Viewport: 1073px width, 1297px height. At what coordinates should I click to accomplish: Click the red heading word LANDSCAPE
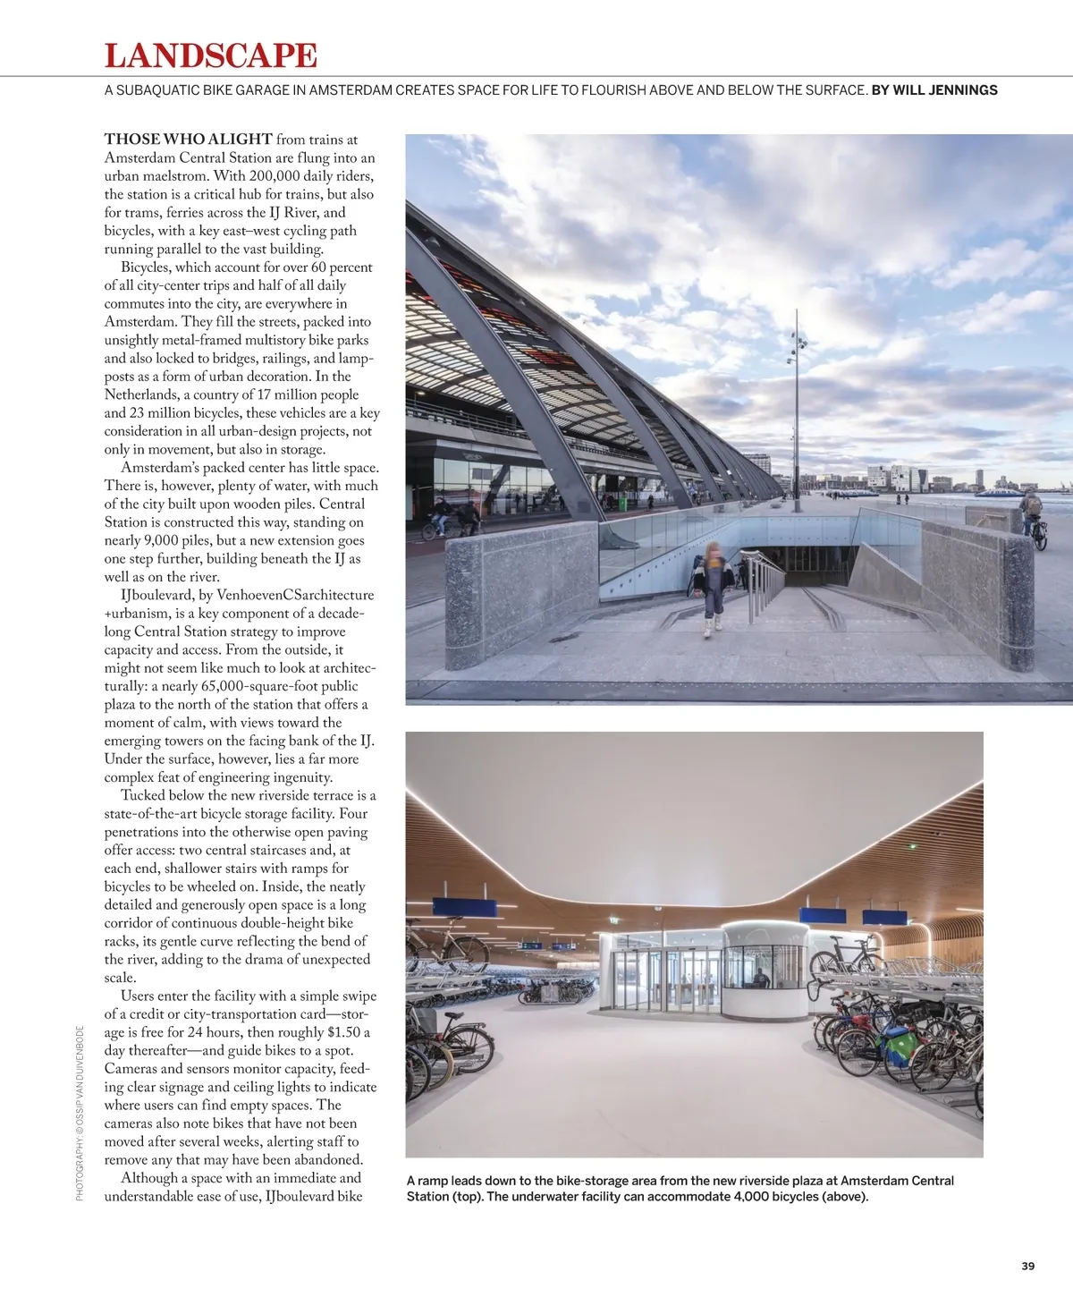pyautogui.click(x=211, y=55)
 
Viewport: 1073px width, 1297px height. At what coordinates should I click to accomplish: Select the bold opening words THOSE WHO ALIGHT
pyautogui.click(x=189, y=140)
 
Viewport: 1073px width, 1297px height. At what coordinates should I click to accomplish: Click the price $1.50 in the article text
pyautogui.click(x=343, y=1032)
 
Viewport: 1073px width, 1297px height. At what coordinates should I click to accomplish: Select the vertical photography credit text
pyautogui.click(x=80, y=1113)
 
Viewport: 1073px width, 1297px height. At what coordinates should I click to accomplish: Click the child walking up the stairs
pyautogui.click(x=713, y=587)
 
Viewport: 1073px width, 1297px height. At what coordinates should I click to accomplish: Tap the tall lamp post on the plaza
pyautogui.click(x=796, y=411)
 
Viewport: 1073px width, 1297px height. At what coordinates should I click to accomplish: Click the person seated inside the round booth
pyautogui.click(x=761, y=979)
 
